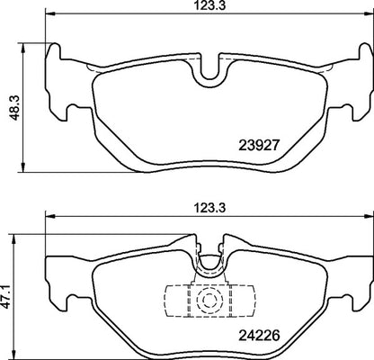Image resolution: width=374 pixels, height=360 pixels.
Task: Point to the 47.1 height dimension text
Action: (8, 297)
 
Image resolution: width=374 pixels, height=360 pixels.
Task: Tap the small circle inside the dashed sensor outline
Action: (209, 300)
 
